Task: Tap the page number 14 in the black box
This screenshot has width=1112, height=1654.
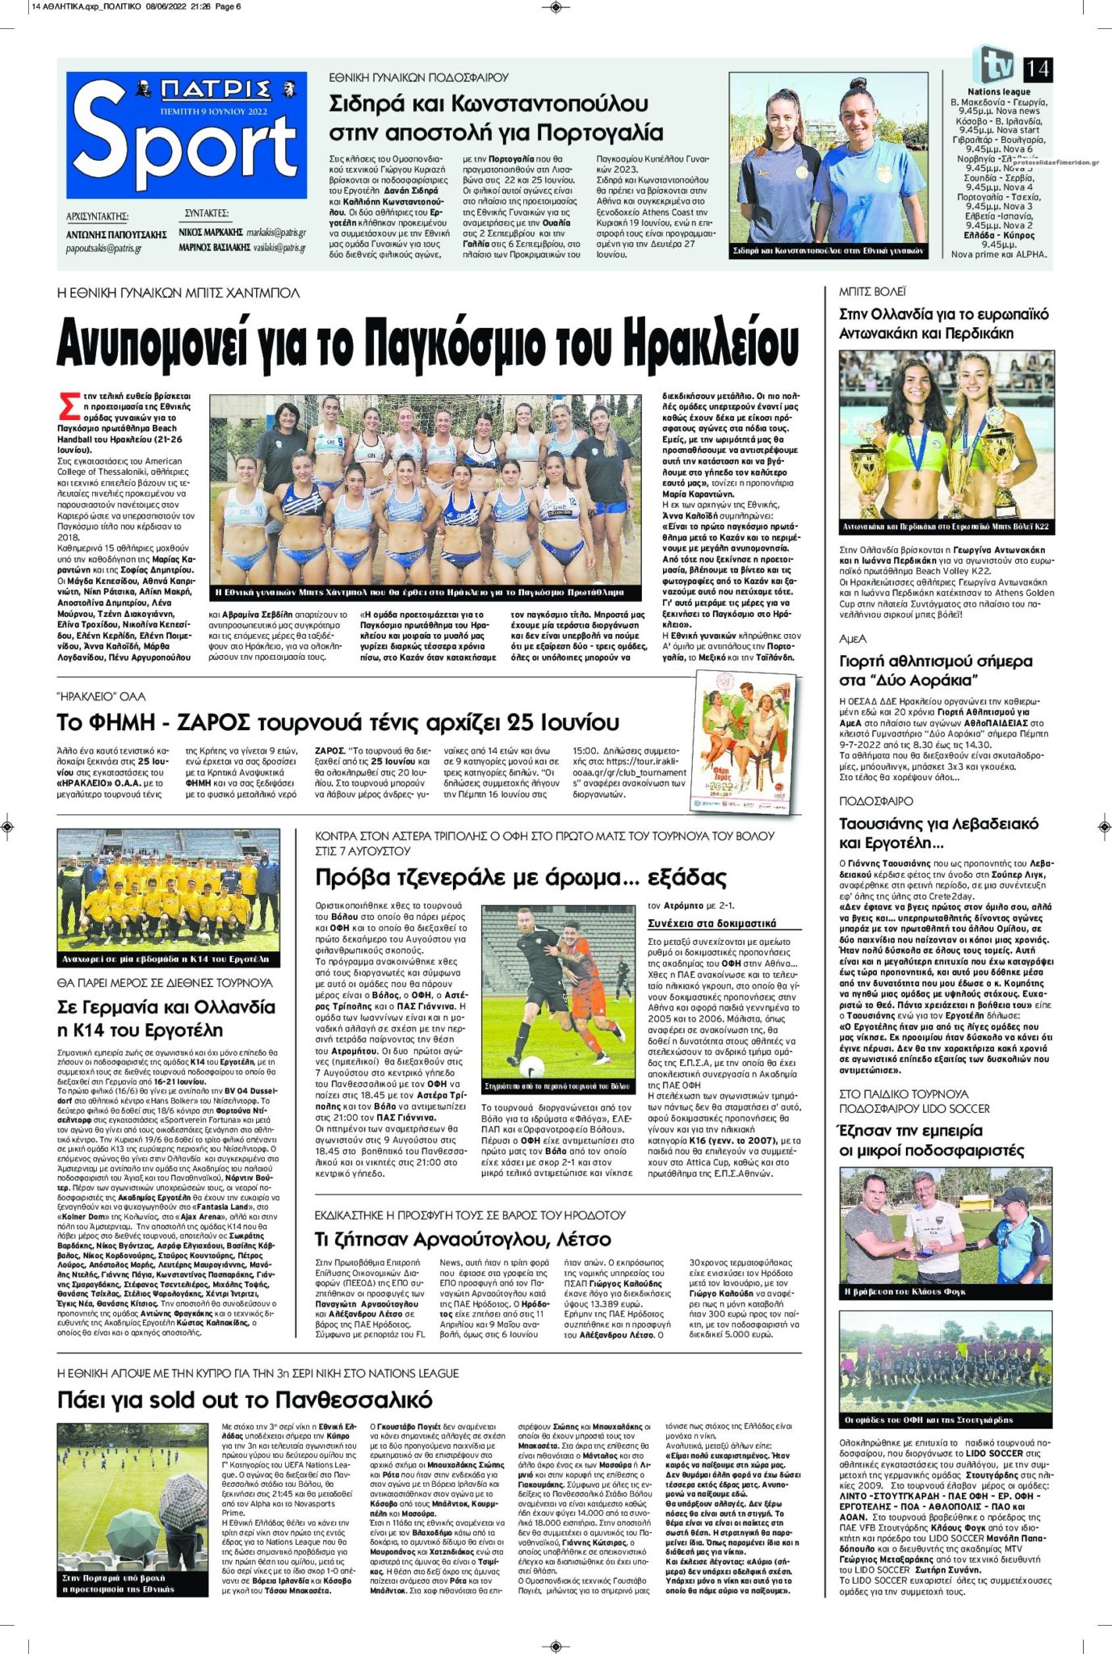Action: pos(1037,69)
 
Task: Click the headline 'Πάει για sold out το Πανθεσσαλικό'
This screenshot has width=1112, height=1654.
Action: pos(245,1400)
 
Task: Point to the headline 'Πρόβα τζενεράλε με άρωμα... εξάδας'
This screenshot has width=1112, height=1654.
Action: pos(521,878)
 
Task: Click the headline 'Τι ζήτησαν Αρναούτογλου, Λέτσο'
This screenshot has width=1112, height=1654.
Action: pos(463,1239)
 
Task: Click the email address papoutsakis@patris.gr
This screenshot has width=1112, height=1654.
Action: pos(103,249)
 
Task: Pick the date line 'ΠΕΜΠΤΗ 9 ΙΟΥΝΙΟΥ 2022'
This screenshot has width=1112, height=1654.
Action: pos(214,111)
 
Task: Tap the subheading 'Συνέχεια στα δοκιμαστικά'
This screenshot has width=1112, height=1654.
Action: pos(711,923)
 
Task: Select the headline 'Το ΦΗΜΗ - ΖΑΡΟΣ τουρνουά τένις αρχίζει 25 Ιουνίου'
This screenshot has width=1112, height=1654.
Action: pos(325,721)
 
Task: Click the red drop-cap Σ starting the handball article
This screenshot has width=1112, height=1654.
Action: pos(69,405)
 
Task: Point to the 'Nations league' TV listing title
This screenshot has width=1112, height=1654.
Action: pos(999,92)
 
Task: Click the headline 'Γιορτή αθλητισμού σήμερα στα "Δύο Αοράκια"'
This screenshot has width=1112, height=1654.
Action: pos(936,670)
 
